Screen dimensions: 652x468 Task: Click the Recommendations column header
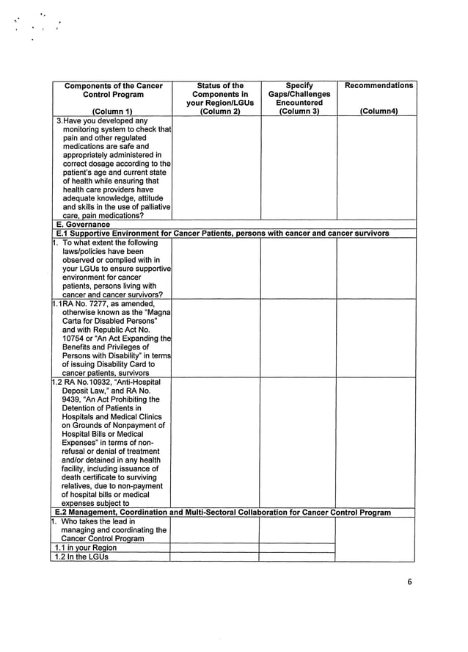(379, 86)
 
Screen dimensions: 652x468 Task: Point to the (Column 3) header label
(299, 112)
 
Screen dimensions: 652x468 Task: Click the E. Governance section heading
(83, 225)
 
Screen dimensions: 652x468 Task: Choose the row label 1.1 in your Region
(86, 548)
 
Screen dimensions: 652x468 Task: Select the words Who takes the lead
(94, 521)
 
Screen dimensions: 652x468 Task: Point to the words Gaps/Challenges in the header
(299, 95)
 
